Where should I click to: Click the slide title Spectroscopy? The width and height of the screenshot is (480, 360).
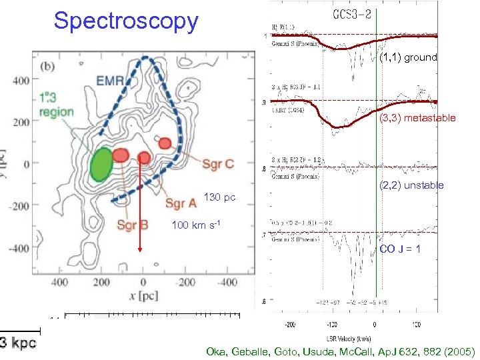tap(126, 21)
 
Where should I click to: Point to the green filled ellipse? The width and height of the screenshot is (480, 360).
tap(101, 163)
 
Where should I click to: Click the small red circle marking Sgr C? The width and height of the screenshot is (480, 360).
tap(166, 142)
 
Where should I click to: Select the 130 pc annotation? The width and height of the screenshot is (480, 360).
tap(220, 198)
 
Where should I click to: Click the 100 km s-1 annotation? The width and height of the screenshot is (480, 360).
tap(194, 225)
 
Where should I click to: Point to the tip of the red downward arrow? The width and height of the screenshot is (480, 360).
tap(141, 251)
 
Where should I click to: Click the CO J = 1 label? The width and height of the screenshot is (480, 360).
tap(400, 249)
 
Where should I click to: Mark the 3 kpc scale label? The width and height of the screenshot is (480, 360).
tap(19, 343)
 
